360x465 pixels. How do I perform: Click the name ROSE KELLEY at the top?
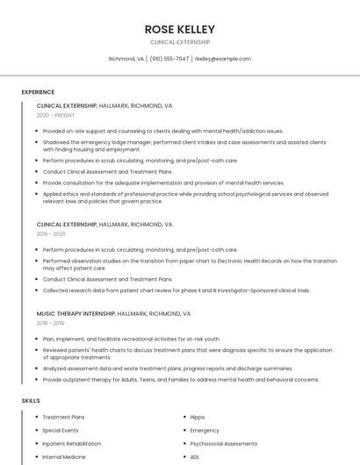pos(180,29)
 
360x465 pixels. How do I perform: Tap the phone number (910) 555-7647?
pos(169,59)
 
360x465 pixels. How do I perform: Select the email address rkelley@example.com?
pos(222,59)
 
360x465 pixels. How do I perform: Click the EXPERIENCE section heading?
pos(38,92)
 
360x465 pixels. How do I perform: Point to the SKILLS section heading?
pos(31,400)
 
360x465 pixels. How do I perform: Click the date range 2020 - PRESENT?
pos(56,115)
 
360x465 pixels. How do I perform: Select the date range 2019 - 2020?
pos(51,234)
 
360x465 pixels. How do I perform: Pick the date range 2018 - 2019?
pos(51,323)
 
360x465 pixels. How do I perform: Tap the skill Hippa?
pos(197,417)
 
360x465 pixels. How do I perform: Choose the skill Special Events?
pos(61,431)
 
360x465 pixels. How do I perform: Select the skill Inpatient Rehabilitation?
pos(72,444)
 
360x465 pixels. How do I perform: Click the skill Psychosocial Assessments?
pos(222,444)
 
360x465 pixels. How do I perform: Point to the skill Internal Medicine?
pos(64,457)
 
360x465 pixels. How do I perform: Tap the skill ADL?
pos(195,457)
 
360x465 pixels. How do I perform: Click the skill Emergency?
pos(205,431)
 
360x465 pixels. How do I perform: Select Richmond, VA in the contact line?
pos(126,59)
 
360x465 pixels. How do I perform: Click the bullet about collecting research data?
pos(176,290)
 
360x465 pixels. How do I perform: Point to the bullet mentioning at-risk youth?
pos(132,339)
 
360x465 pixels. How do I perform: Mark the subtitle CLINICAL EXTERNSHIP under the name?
pos(180,42)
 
